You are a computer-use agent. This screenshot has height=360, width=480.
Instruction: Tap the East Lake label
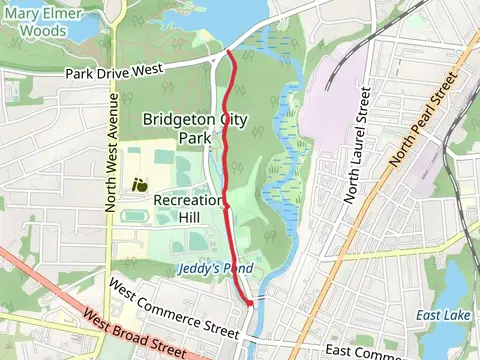click(437, 316)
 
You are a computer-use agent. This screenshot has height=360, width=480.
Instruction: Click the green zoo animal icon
click(141, 184)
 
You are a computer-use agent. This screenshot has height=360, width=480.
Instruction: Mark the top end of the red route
click(230, 51)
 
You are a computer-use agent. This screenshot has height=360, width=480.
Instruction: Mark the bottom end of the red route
click(249, 303)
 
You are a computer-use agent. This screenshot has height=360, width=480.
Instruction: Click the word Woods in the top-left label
click(44, 31)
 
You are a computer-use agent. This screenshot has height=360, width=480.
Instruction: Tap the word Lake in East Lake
click(451, 316)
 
